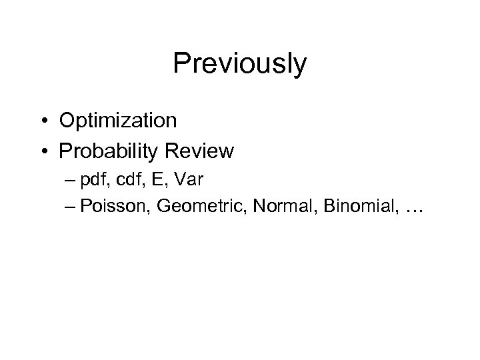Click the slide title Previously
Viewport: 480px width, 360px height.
[239, 65]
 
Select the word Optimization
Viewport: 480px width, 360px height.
[118, 120]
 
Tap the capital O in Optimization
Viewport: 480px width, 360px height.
[68, 120]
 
